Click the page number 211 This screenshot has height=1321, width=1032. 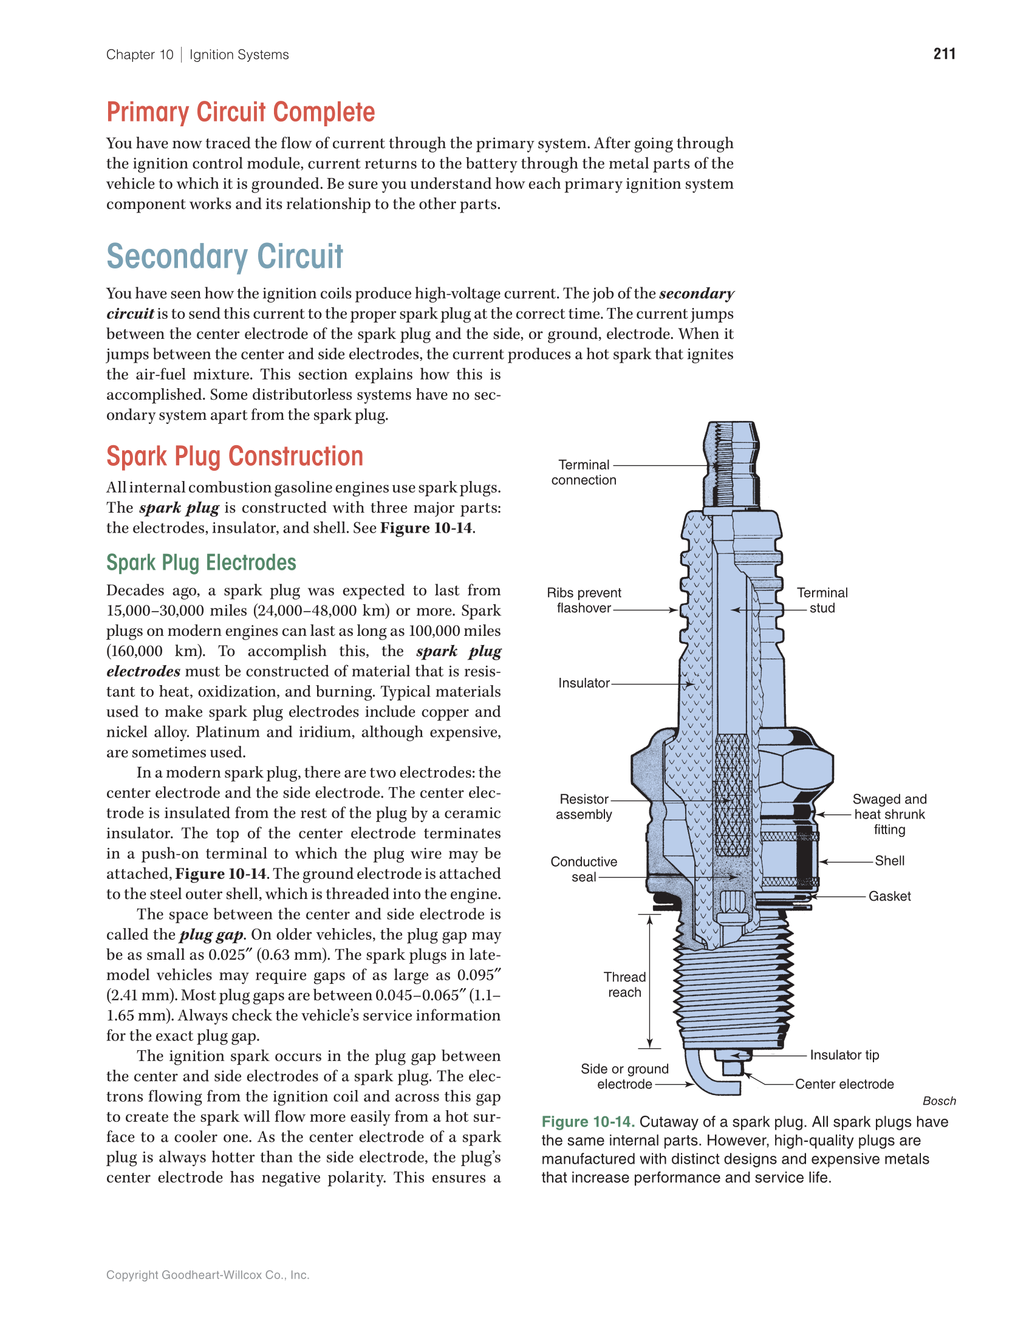click(x=944, y=54)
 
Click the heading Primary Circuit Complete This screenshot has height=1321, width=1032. click(x=241, y=112)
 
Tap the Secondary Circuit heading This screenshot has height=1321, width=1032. click(x=225, y=256)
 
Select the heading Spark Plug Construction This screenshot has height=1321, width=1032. click(x=234, y=456)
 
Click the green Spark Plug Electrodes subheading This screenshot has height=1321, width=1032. click(x=201, y=562)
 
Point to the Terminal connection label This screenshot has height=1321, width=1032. click(x=583, y=472)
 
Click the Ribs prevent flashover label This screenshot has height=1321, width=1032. click(x=583, y=600)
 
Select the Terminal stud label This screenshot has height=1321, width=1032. click(x=822, y=600)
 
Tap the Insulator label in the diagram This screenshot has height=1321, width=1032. click(x=583, y=683)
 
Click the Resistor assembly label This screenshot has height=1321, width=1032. click(x=583, y=807)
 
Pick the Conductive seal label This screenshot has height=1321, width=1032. click(x=583, y=869)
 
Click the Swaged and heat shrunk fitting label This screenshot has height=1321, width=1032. click(x=889, y=814)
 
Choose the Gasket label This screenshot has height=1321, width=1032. click(x=889, y=896)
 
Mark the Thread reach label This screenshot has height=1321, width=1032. click(x=624, y=985)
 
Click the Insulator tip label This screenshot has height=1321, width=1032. click(x=844, y=1055)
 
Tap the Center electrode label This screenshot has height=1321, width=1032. click(x=844, y=1084)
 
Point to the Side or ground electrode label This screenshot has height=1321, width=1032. click(x=624, y=1076)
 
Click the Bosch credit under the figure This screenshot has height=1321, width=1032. click(x=938, y=1101)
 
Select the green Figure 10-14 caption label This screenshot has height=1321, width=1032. click(x=587, y=1122)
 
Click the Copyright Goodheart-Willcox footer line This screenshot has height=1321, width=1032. click(x=208, y=1275)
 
